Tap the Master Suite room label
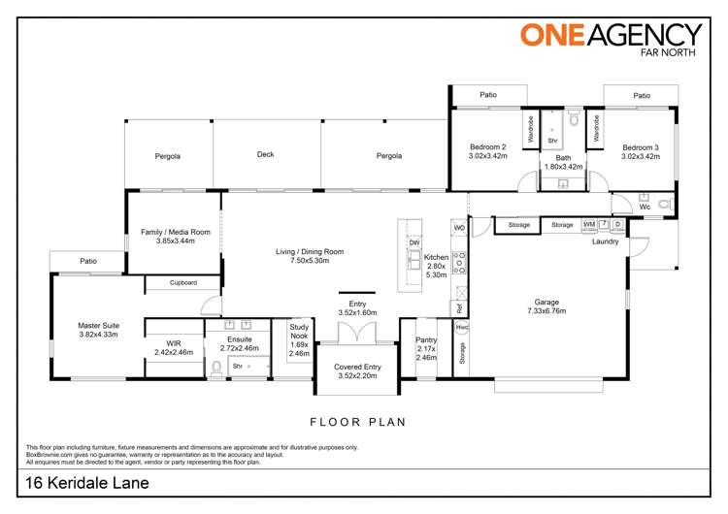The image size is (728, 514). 98,331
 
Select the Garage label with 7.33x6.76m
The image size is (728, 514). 548,305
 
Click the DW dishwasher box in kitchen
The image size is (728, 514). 414,242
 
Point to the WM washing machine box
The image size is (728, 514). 588,225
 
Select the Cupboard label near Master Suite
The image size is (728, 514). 183,283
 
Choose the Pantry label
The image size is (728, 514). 427,345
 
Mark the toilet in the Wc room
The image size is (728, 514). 665,205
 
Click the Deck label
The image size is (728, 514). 266,154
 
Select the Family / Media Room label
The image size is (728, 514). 175,237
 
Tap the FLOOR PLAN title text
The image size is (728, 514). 356,422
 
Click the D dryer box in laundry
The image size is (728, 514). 617,225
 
